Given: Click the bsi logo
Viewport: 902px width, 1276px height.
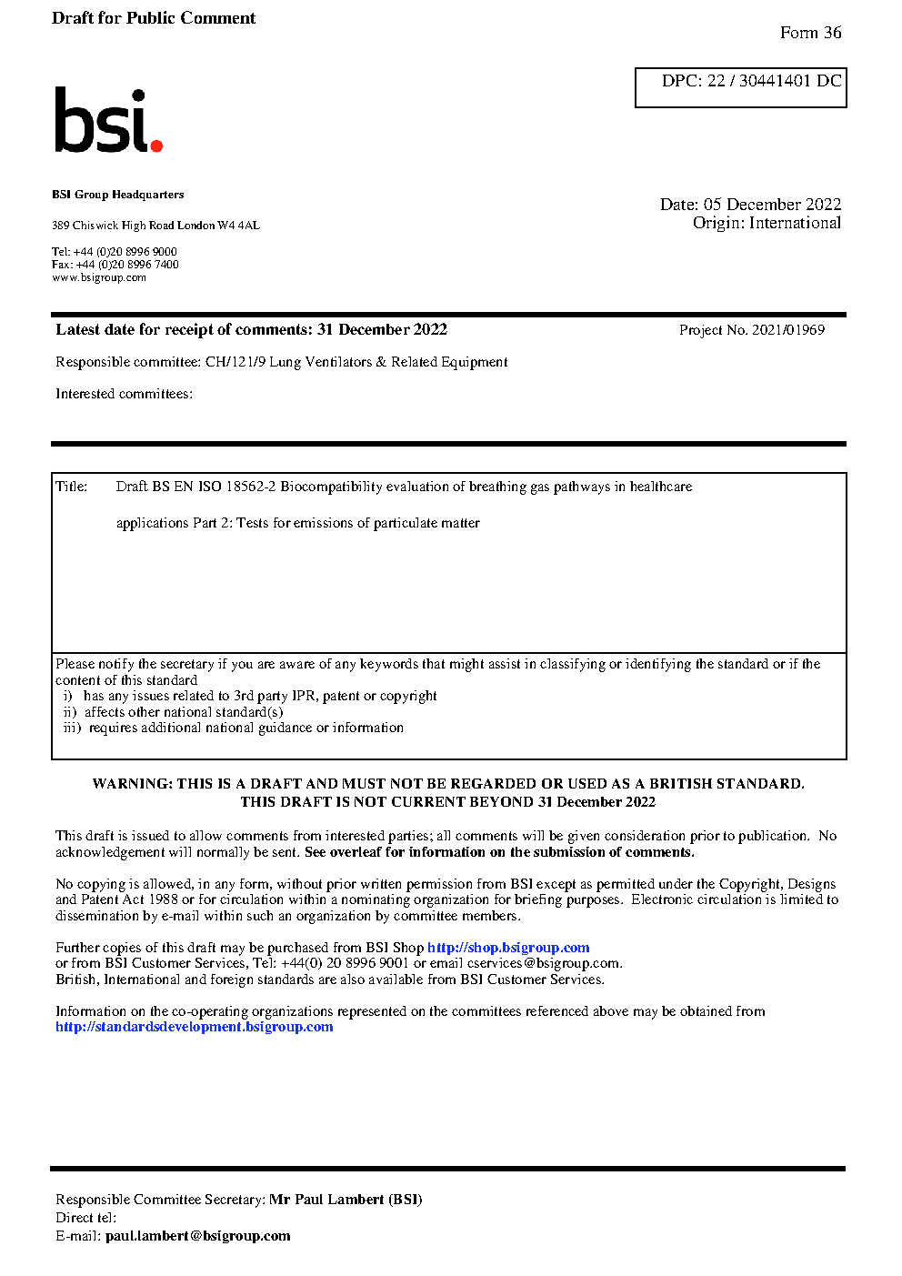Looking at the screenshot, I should pyautogui.click(x=107, y=120).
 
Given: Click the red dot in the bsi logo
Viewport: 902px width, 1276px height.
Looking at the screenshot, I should pyautogui.click(x=156, y=145).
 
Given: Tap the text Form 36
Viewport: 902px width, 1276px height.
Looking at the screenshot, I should pyautogui.click(x=810, y=33).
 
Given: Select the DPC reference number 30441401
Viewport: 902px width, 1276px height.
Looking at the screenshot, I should pyautogui.click(x=775, y=81).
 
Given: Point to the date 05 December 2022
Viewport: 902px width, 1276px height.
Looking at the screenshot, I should pyautogui.click(x=772, y=205).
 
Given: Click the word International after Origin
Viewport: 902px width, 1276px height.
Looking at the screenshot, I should pyautogui.click(x=795, y=223).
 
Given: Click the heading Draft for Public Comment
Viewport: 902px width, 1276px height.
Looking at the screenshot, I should pyautogui.click(x=154, y=18).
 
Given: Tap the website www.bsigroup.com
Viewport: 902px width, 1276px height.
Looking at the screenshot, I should pyautogui.click(x=99, y=277).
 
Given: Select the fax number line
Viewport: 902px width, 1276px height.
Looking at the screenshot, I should pyautogui.click(x=115, y=265).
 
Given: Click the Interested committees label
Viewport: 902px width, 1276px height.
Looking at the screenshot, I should pyautogui.click(x=124, y=394).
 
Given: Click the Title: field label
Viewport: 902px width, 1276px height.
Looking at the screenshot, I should pyautogui.click(x=72, y=487).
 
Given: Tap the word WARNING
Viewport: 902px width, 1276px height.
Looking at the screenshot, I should pyautogui.click(x=132, y=784).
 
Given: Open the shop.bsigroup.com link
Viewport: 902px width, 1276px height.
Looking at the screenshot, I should pyautogui.click(x=508, y=948).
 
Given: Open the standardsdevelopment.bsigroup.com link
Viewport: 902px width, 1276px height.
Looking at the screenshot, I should pyautogui.click(x=194, y=1027).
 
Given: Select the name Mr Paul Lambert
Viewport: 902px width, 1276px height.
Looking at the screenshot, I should pyautogui.click(x=326, y=1200).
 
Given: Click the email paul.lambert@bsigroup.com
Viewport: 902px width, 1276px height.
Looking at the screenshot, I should pyautogui.click(x=198, y=1236).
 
